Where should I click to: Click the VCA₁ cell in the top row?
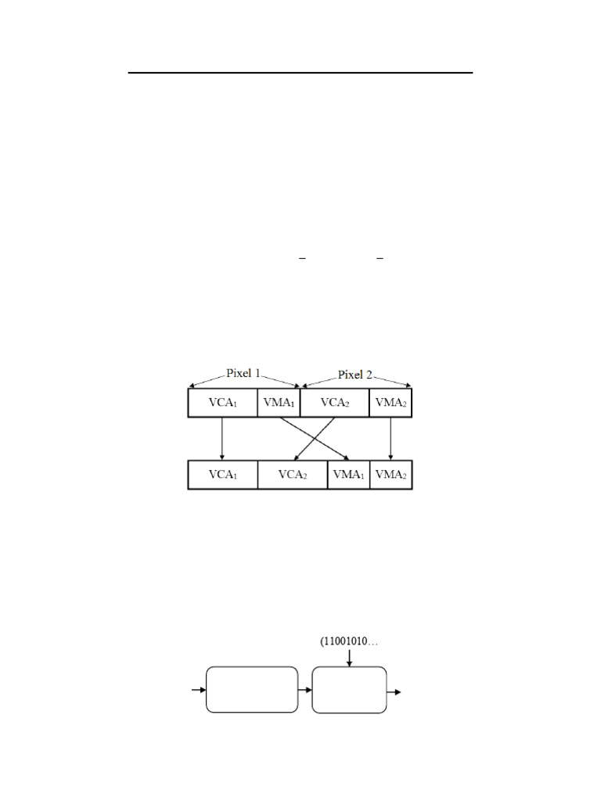coord(222,403)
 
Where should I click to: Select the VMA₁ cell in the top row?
coord(279,403)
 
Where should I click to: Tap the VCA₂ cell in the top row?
coord(334,403)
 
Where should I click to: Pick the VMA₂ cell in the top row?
coord(390,403)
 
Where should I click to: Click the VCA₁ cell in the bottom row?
coord(222,476)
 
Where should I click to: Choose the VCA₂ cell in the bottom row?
coord(292,476)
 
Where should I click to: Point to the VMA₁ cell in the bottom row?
coord(348,476)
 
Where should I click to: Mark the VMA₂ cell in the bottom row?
coord(390,476)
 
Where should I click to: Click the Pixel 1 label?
coord(244,373)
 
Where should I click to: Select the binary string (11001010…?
coord(349,642)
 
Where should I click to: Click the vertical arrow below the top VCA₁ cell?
coord(222,438)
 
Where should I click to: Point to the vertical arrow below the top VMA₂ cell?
coord(390,438)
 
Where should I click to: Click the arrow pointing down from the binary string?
coord(349,658)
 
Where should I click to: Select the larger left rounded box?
coord(251,689)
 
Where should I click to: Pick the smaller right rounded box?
coord(349,690)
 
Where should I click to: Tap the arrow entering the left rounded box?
coord(199,690)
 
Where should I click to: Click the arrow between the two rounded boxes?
coord(305,690)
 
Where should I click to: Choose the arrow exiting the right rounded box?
coord(394,691)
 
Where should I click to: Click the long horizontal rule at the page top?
coord(300,73)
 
